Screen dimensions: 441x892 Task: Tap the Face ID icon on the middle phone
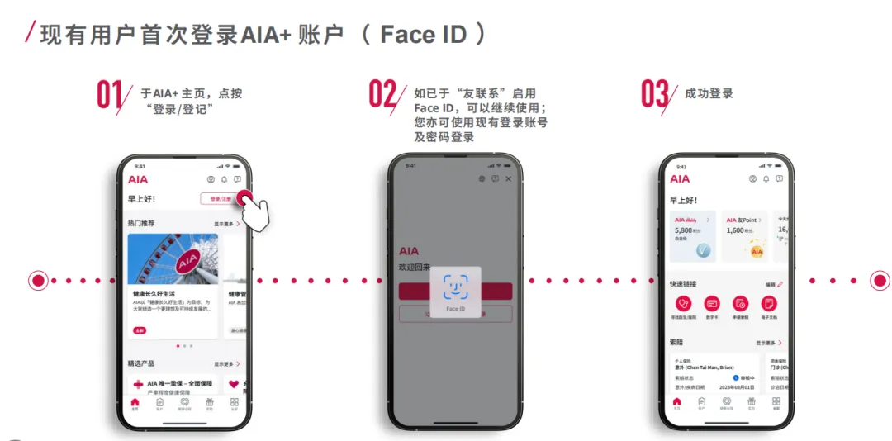click(x=455, y=287)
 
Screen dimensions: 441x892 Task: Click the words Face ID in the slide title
click(x=424, y=35)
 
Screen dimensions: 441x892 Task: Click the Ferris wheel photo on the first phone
click(x=173, y=258)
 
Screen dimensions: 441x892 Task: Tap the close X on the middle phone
click(x=508, y=178)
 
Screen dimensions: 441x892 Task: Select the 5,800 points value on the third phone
click(x=684, y=230)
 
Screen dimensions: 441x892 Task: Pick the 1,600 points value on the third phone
click(x=735, y=230)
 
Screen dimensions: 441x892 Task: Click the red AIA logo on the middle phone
click(x=409, y=251)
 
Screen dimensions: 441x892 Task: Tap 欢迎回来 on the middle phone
click(x=415, y=268)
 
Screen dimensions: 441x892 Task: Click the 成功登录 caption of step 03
click(x=709, y=94)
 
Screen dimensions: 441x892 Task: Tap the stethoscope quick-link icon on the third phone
click(x=683, y=303)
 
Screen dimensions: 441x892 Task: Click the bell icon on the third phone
click(x=766, y=178)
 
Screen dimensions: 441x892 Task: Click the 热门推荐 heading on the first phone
click(x=140, y=223)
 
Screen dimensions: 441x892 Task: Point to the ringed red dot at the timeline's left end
click(x=38, y=281)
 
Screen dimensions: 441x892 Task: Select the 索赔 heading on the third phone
click(x=676, y=342)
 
